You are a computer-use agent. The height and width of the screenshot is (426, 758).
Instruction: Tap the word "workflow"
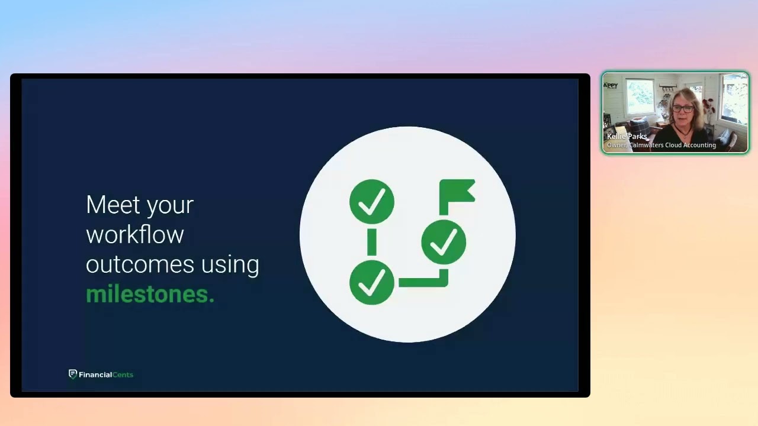click(x=134, y=234)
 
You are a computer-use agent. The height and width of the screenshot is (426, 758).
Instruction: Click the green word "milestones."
click(x=150, y=294)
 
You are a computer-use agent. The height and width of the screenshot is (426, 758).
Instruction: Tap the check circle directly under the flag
click(x=444, y=241)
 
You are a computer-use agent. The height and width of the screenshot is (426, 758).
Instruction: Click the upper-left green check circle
click(x=372, y=202)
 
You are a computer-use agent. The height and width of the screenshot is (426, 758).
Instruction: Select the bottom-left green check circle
click(x=372, y=282)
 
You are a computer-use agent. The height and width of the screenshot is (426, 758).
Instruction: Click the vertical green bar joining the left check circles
click(x=372, y=242)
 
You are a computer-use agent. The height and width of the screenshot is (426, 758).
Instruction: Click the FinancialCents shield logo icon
click(x=73, y=374)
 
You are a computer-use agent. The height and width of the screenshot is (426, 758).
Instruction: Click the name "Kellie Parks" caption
click(x=627, y=137)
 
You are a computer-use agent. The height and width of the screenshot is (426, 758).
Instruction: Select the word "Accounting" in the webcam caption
click(x=701, y=145)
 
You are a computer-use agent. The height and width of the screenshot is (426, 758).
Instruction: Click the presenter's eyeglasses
click(x=682, y=108)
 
